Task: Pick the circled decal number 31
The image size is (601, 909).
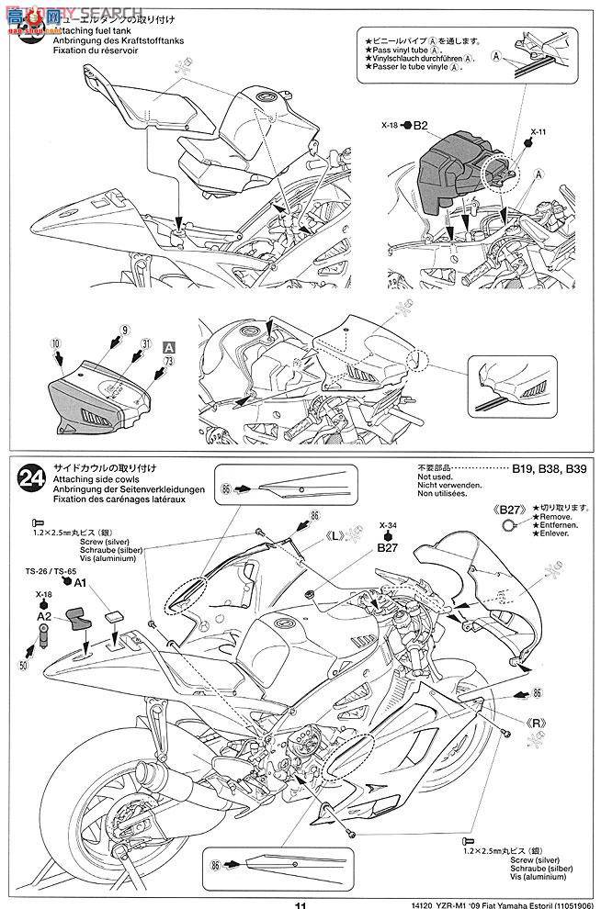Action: tap(148, 344)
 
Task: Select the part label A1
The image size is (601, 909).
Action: tap(79, 582)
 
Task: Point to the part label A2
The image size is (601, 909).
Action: tap(44, 616)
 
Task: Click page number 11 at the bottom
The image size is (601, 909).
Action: tap(300, 903)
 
